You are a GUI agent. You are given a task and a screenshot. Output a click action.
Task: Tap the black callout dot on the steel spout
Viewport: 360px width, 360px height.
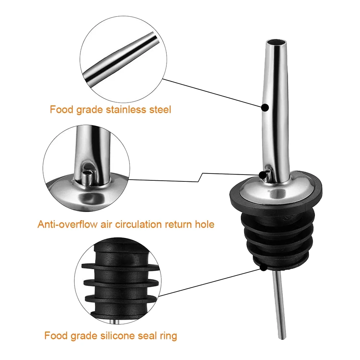coord(265,107)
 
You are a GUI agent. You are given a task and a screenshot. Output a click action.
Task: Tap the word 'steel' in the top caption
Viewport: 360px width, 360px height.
coord(159,109)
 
